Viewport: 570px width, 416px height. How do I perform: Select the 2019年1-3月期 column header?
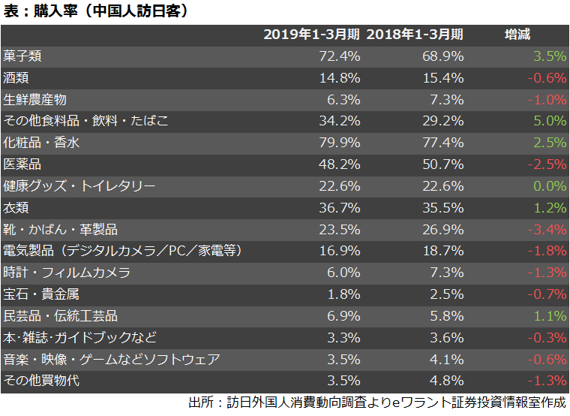(x=311, y=35)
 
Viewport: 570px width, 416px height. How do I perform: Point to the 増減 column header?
(x=517, y=35)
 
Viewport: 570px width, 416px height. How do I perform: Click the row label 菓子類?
(x=22, y=56)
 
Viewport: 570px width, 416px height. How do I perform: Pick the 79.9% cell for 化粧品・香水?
(x=340, y=143)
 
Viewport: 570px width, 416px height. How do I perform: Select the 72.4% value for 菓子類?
(x=340, y=56)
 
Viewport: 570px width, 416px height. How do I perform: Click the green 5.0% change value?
(x=549, y=121)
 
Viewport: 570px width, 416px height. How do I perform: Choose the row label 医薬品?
(x=22, y=164)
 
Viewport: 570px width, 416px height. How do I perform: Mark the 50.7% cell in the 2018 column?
(x=442, y=164)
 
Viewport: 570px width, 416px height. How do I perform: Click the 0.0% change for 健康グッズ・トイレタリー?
(x=549, y=186)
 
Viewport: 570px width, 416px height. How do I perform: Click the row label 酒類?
(x=16, y=77)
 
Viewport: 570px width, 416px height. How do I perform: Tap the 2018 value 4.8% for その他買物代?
(x=446, y=381)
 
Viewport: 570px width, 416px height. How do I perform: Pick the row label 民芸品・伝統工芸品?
(x=60, y=316)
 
